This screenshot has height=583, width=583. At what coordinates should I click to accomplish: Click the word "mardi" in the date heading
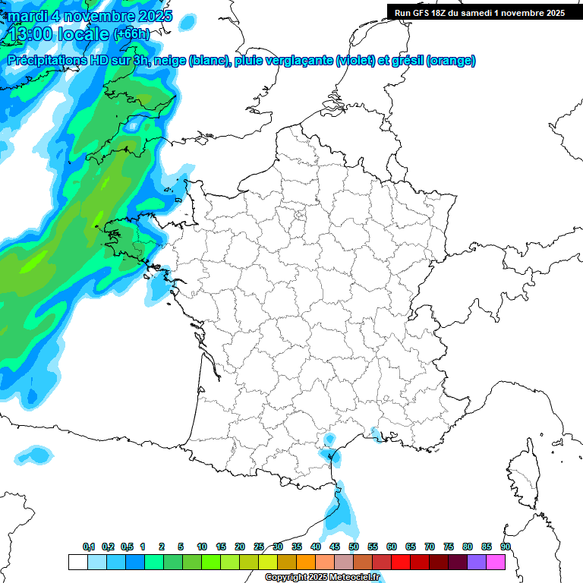pyautogui.click(x=28, y=16)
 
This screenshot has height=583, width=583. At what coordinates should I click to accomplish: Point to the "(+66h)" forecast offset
pyautogui.click(x=131, y=34)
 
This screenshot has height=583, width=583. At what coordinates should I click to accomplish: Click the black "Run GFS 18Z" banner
pyautogui.click(x=479, y=12)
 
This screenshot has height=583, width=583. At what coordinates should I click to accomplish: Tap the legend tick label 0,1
pyautogui.click(x=89, y=547)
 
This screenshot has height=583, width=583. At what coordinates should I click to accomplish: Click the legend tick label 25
pyautogui.click(x=259, y=547)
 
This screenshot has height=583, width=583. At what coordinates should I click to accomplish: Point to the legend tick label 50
pyautogui.click(x=354, y=547)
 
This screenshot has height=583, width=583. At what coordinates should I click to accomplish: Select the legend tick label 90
pyautogui.click(x=506, y=547)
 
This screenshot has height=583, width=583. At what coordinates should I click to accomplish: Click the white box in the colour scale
pyautogui.click(x=77, y=562)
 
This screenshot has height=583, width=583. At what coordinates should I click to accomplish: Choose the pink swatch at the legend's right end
pyautogui.click(x=496, y=562)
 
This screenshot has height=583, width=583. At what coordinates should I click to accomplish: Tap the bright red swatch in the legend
pyautogui.click(x=401, y=562)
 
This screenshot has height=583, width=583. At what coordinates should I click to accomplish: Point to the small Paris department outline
pyautogui.click(x=299, y=216)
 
